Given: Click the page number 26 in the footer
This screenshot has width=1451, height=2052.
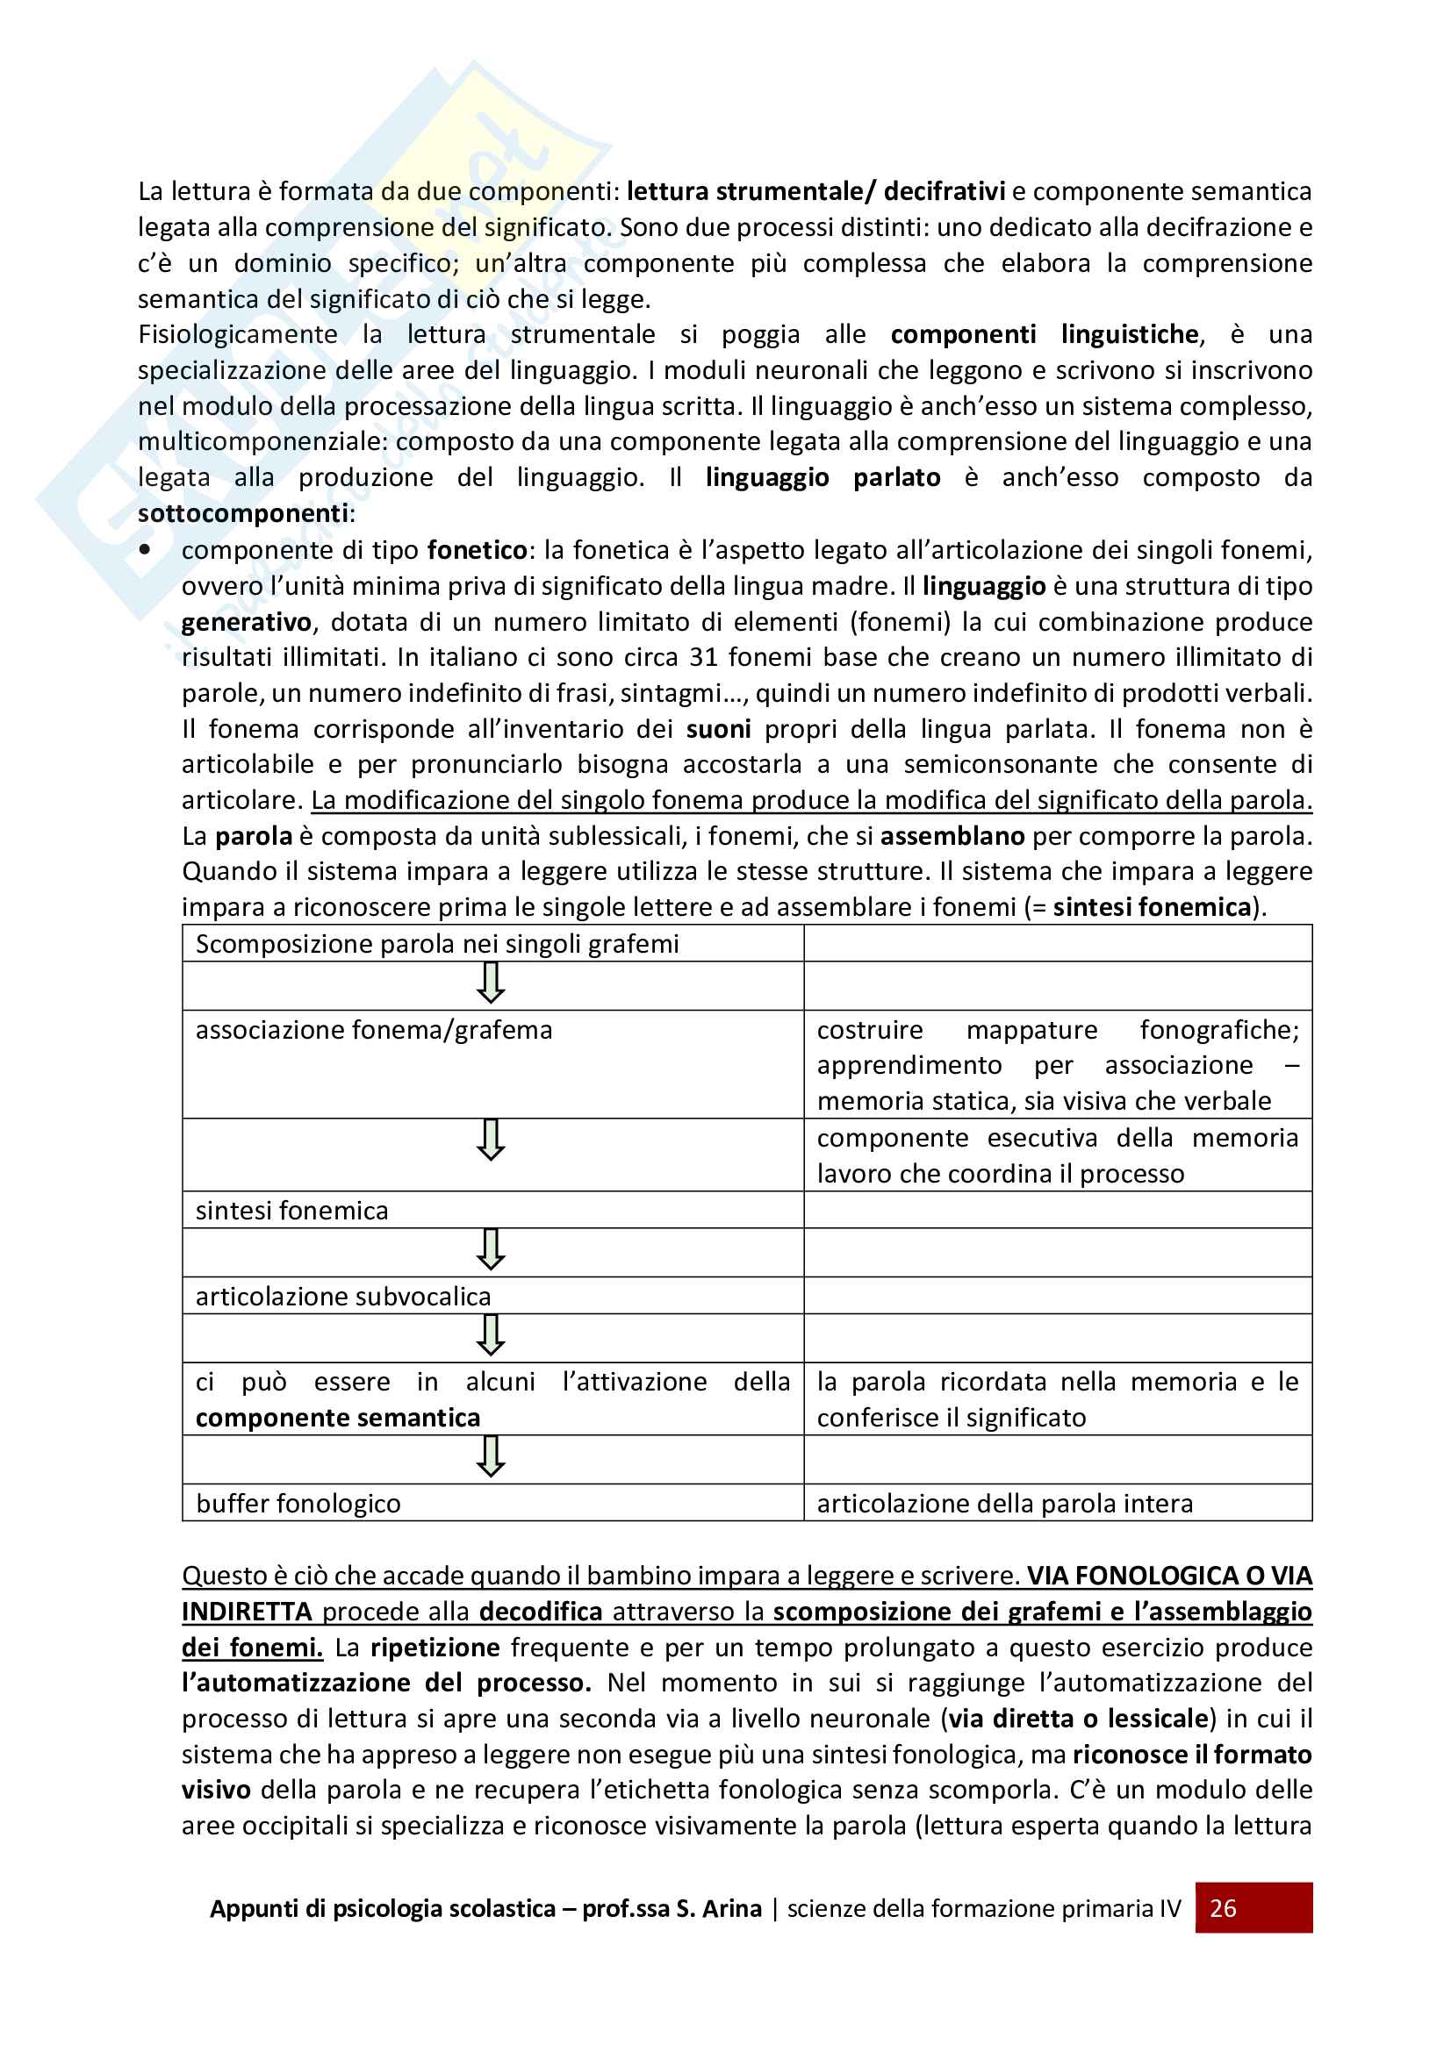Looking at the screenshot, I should [1222, 1908].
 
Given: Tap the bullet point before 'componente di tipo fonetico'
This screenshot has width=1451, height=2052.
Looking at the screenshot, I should [145, 550].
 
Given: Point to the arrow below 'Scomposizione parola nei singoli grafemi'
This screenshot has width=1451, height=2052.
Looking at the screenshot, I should [491, 983].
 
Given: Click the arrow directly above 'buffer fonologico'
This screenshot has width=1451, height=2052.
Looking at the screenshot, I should [491, 1457].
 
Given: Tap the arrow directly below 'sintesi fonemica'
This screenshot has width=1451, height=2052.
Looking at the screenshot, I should [491, 1249].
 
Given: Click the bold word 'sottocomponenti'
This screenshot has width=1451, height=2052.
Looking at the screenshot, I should [242, 513].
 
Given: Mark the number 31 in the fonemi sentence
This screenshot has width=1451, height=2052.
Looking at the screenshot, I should [704, 657].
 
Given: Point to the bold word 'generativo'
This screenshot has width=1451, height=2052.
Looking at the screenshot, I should [246, 621].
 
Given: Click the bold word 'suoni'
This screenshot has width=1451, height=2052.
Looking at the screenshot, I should [718, 728].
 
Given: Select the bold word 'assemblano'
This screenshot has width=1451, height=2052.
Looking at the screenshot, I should [952, 836].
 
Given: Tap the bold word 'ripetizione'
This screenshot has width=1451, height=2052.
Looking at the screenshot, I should [435, 1648].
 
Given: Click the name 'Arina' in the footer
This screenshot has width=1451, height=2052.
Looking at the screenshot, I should [731, 1908].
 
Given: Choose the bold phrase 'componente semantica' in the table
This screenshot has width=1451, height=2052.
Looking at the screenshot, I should [338, 1418].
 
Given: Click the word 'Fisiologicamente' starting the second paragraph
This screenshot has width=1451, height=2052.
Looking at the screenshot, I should [238, 334].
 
